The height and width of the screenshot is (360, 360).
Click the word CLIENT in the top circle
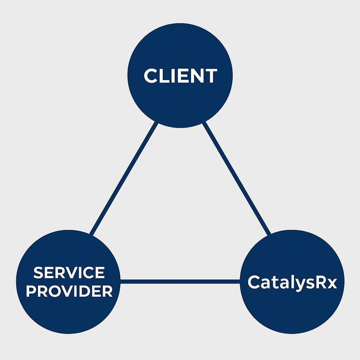coord(180,76)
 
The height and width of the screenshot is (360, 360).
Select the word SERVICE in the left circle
coord(69,273)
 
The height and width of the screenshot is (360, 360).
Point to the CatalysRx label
coord(292,282)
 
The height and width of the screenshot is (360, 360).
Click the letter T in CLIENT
coord(210,76)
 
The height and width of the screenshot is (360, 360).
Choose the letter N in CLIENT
coord(195,76)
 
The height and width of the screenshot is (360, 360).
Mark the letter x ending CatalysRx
coord(331,283)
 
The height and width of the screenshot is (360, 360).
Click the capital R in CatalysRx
coord(320,282)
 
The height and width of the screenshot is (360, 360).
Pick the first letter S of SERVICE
coord(38,273)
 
